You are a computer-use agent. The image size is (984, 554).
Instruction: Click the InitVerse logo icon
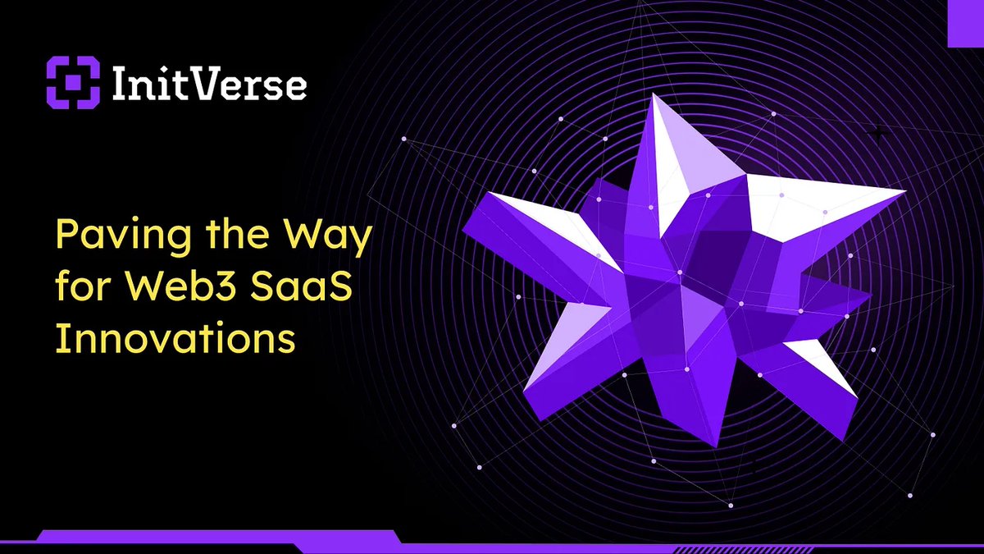[72, 83]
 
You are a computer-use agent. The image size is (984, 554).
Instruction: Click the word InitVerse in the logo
[205, 84]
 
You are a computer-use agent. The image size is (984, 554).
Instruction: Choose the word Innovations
[175, 337]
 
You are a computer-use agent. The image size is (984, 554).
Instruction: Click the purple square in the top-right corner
[965, 22]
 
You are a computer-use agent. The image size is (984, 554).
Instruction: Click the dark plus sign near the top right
[879, 131]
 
